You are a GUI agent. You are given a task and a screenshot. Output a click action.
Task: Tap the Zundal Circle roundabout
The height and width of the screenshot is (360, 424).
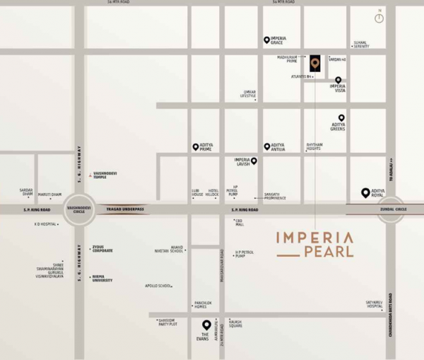(391, 209)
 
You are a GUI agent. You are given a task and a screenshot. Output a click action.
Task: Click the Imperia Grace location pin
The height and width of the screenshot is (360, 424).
(266, 40)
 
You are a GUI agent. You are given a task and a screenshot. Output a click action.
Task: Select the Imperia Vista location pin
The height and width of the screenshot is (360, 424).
(338, 80)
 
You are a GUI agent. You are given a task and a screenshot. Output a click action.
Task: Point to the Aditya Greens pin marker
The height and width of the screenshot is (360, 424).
(341, 118)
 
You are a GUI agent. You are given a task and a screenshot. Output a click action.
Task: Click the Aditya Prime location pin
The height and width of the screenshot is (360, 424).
(196, 147)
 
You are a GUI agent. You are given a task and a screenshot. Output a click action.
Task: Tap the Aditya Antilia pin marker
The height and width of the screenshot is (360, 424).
(267, 146)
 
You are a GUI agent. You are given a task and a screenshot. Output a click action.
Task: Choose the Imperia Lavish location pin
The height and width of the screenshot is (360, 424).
(254, 161)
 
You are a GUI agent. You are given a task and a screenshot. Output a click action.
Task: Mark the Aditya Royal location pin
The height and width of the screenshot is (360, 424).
(365, 192)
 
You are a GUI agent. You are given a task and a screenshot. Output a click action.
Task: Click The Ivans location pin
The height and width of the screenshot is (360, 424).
(206, 325)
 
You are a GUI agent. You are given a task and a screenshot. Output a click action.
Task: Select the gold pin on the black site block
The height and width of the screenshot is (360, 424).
(314, 63)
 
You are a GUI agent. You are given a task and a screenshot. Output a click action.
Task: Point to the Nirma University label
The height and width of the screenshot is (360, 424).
(102, 279)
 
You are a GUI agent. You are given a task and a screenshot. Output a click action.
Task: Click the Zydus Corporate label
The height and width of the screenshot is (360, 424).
(102, 250)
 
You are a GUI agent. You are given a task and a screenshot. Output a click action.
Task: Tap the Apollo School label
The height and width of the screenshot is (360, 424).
(158, 286)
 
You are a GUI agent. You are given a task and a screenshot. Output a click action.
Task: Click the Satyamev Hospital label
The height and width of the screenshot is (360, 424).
(375, 304)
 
